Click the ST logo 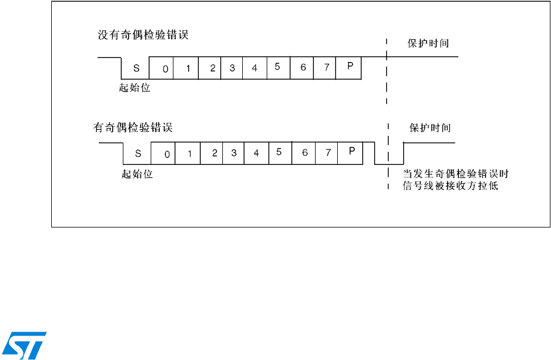tap(24, 345)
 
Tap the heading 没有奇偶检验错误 tap(143, 35)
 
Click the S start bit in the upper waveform tap(136, 68)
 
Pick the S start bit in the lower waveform tap(138, 154)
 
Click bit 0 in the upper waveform tap(165, 69)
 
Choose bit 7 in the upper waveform tap(326, 68)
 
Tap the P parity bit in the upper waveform tap(350, 67)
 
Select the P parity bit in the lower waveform tap(351, 151)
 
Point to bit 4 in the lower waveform tap(256, 154)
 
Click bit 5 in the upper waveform tap(277, 67)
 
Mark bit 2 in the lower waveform tap(214, 153)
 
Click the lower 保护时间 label tap(430, 128)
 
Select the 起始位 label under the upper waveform tap(134, 88)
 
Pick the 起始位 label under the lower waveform tap(137, 173)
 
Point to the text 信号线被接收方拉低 tap(450, 186)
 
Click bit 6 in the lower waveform tap(305, 153)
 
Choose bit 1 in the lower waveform tap(190, 154)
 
